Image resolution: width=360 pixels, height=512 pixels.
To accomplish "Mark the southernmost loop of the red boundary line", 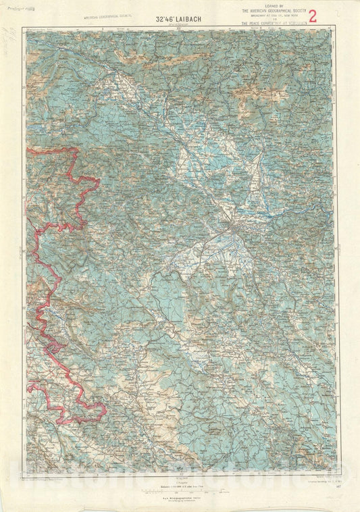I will [x=95, y=412].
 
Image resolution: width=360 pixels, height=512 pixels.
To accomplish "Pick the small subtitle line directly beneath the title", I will [x=179, y=20].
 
